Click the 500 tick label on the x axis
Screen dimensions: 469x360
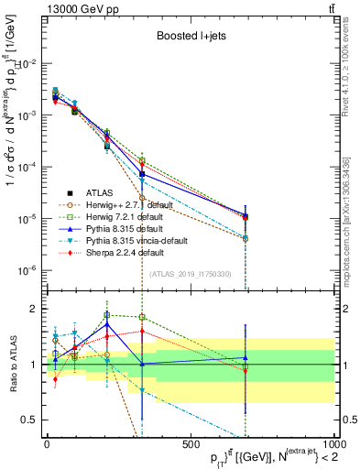[x=191, y=443]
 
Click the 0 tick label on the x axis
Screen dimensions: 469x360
[x=47, y=443]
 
